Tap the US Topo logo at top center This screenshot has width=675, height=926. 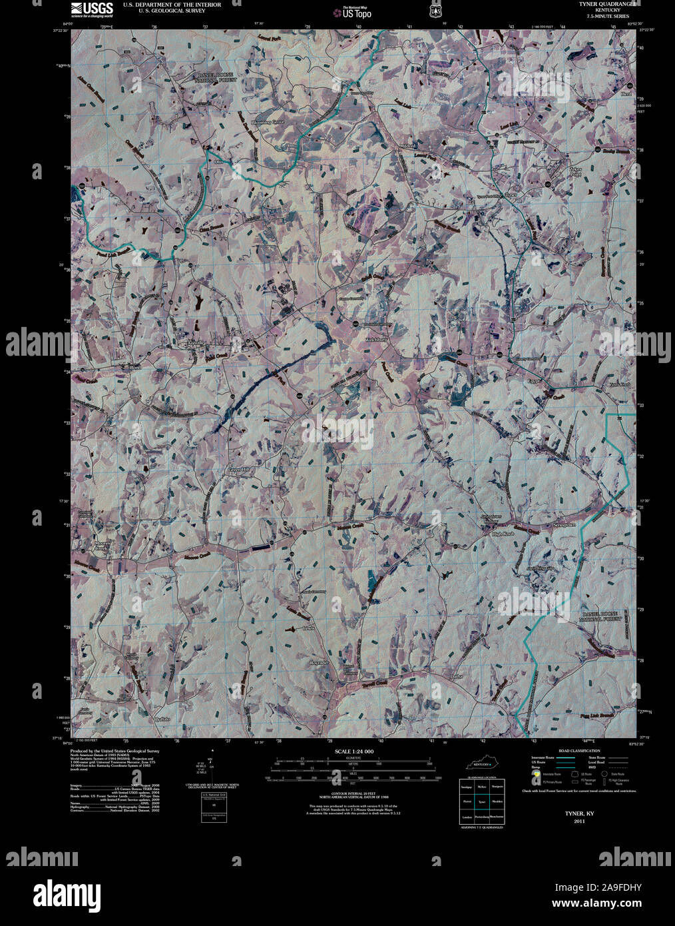354,11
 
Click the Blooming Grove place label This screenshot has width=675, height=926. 267,123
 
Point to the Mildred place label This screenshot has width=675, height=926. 407,145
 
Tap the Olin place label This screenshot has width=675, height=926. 218,161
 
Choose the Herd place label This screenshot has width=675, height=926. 626,95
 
